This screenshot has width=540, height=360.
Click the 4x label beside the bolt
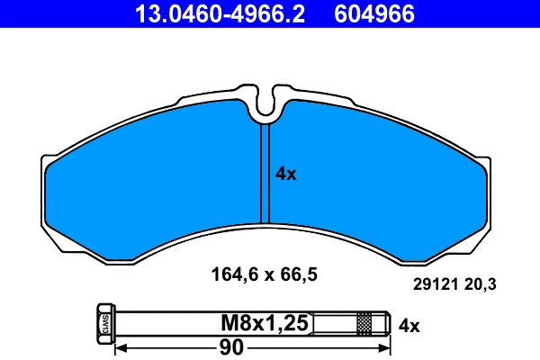pyautogui.click(x=409, y=325)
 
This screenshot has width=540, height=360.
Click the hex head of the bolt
pyautogui.click(x=103, y=322)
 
